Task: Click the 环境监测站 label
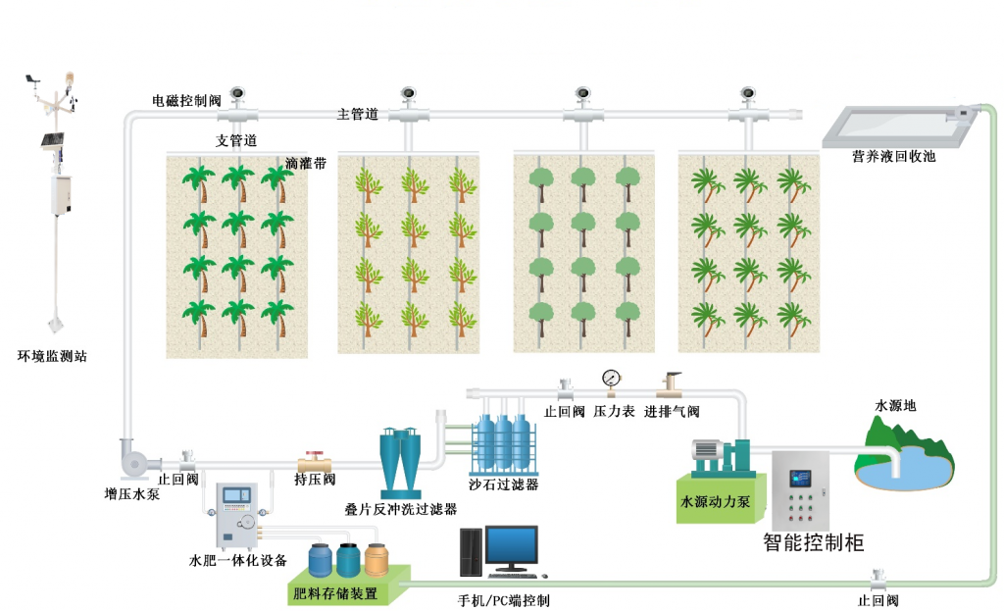point(53,357)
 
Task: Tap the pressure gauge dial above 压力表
point(612,377)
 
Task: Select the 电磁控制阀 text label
point(186,100)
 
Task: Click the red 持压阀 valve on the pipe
point(315,459)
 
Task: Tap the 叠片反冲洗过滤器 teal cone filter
point(401,459)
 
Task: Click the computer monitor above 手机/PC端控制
point(512,547)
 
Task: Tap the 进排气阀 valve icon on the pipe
point(672,382)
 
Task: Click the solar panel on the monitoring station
point(53,140)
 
